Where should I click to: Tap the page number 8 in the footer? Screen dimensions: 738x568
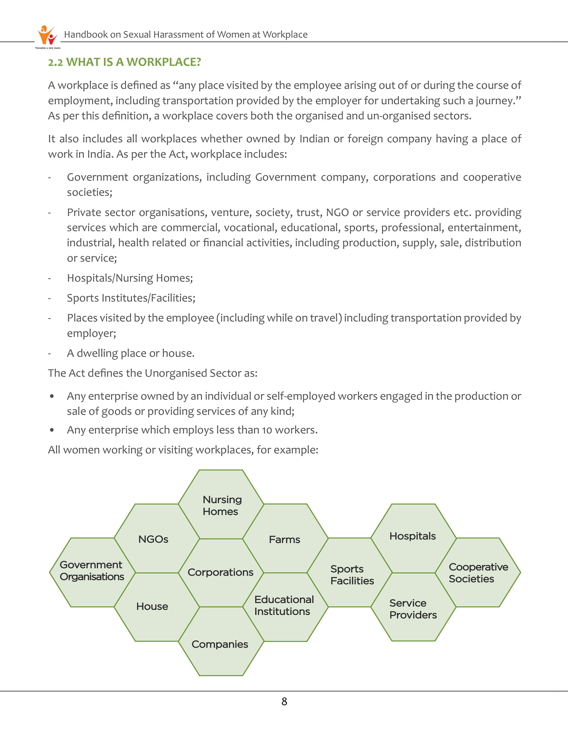click(x=284, y=701)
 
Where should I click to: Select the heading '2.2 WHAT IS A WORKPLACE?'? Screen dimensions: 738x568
click(x=124, y=62)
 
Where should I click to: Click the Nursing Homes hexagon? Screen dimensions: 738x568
click(x=221, y=505)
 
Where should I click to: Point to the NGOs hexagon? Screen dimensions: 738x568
click(x=156, y=539)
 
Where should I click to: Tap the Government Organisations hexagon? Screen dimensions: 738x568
click(x=92, y=571)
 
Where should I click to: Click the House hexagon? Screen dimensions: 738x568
click(x=156, y=606)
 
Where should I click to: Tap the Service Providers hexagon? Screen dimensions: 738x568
click(x=413, y=608)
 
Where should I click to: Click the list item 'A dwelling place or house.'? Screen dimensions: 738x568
click(x=131, y=353)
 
